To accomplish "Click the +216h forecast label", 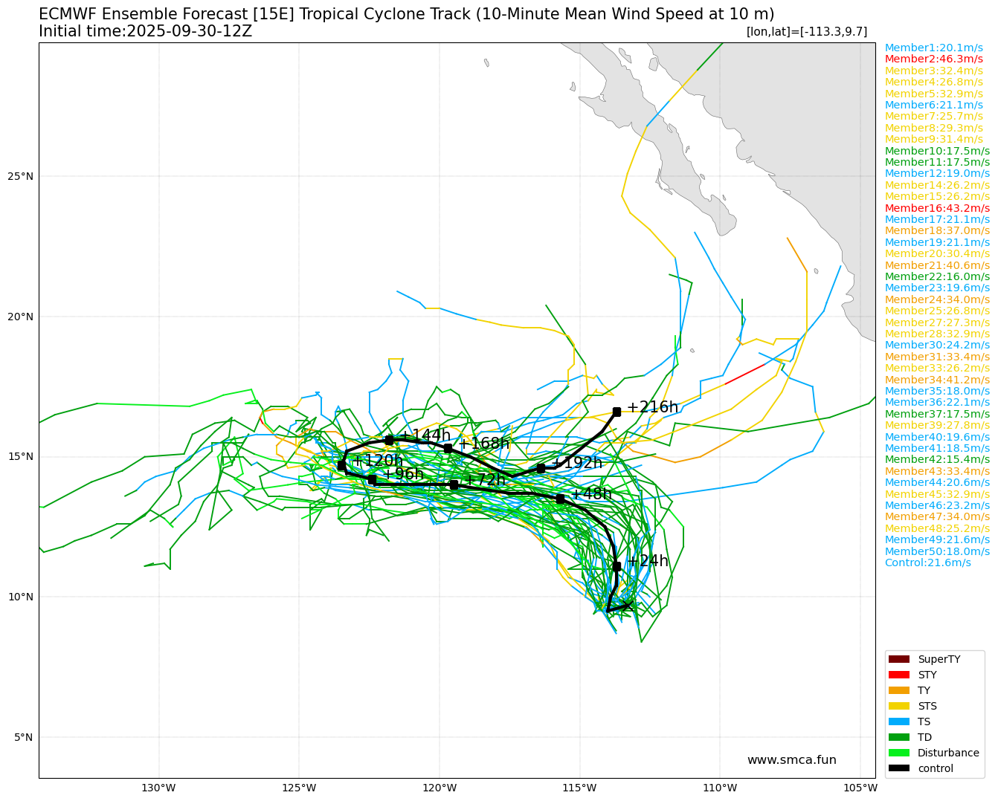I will [652, 407].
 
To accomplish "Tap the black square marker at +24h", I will [616, 566].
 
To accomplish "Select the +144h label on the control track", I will [425, 435].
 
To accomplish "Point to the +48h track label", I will [590, 494].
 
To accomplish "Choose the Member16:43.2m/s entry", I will [937, 208].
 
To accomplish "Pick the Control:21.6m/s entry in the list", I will [927, 562].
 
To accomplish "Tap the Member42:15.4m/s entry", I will [937, 459].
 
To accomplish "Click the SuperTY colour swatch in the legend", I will [899, 659].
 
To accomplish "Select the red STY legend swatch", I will [899, 675].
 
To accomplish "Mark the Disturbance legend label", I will [948, 753].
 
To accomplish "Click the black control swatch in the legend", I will [899, 768].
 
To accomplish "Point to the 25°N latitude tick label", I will [21, 177].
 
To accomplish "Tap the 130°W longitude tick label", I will [158, 788].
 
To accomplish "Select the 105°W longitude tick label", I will [860, 788].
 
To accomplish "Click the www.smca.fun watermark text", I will [791, 760].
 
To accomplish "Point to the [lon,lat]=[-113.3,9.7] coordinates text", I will [806, 32].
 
